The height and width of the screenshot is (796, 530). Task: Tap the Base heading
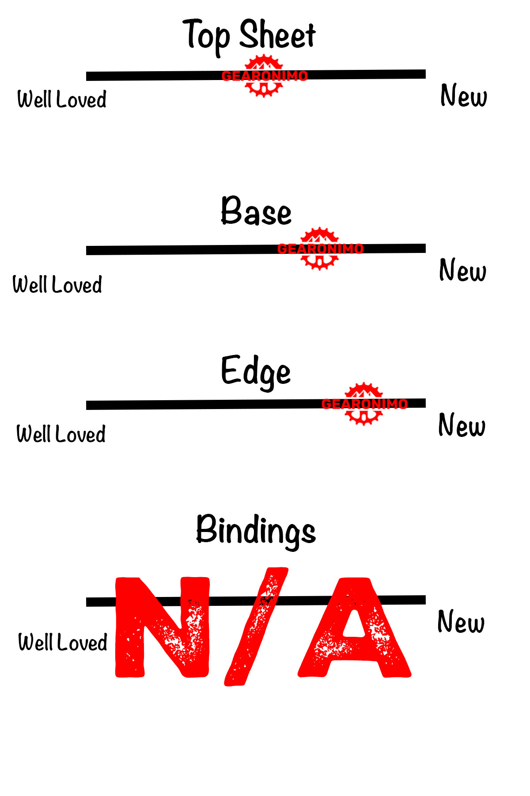[x=256, y=211]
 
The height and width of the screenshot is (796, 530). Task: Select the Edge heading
[x=256, y=372]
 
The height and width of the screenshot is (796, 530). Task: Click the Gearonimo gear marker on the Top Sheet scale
[x=264, y=76]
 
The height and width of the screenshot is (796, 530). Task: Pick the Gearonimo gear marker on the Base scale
[x=320, y=249]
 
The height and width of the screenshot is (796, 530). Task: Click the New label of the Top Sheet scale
[x=464, y=96]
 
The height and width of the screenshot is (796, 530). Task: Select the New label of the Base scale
[x=463, y=270]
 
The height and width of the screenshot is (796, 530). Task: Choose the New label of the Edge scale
[x=462, y=425]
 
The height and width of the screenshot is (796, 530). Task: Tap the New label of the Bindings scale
[x=461, y=621]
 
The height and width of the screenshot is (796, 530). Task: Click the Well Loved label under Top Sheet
[x=62, y=99]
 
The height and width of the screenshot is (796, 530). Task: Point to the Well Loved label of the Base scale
[x=57, y=284]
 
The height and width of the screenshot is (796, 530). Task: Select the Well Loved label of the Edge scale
[x=61, y=434]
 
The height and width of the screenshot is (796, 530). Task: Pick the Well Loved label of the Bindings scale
[x=63, y=642]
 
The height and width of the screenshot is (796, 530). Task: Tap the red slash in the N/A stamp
[x=256, y=627]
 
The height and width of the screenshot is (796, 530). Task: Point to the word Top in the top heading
[x=206, y=36]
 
